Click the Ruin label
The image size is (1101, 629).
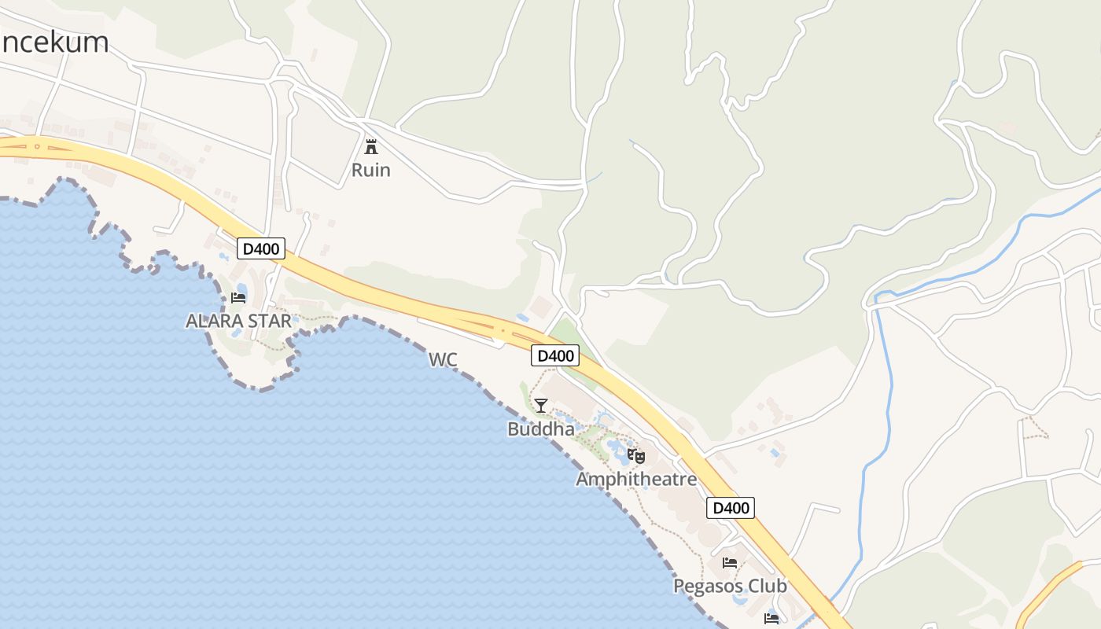click(x=370, y=170)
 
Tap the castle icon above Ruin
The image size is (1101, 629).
click(x=370, y=146)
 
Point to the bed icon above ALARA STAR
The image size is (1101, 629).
click(x=238, y=298)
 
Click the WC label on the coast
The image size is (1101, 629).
click(x=443, y=360)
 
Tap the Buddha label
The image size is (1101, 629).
click(x=541, y=429)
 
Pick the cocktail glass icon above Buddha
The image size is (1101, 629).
click(x=541, y=406)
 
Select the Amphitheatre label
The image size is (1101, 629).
click(x=636, y=479)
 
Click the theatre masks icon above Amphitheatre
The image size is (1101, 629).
click(x=636, y=456)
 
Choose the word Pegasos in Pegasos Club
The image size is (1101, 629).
click(x=707, y=587)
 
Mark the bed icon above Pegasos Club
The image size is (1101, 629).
click(x=730, y=563)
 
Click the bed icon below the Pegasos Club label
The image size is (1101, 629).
click(x=771, y=619)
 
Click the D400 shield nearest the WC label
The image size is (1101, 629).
click(x=555, y=356)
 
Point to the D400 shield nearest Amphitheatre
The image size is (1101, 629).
click(x=731, y=508)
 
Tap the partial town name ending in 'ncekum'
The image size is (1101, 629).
click(x=54, y=42)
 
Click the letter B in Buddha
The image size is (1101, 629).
click(x=514, y=429)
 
